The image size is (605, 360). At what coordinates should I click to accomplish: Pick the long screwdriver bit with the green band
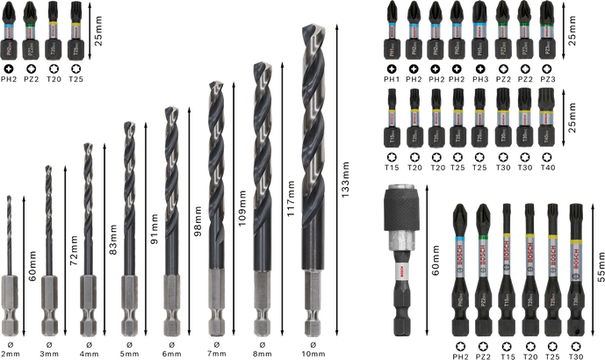click(x=482, y=263)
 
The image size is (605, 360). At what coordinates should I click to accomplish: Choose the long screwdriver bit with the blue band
click(x=459, y=263)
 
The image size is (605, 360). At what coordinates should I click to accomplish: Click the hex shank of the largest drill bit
click(x=310, y=299)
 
